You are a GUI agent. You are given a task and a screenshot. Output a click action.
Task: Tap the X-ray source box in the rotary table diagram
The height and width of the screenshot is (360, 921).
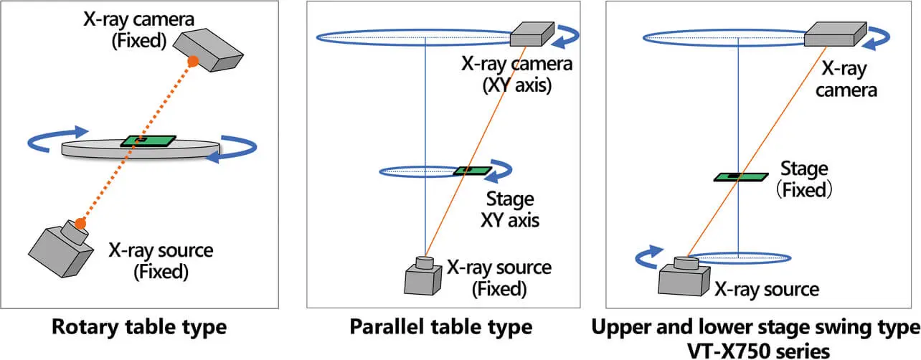point(61,248)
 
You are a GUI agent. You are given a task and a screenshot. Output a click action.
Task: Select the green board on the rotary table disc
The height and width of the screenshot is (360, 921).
point(148,141)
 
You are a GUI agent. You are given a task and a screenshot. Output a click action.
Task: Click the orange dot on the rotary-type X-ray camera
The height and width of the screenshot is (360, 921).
point(192,62)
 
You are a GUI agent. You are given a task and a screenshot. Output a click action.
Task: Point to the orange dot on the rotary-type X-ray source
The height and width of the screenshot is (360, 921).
point(80,224)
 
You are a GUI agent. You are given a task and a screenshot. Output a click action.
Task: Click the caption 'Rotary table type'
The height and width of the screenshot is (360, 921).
point(139,328)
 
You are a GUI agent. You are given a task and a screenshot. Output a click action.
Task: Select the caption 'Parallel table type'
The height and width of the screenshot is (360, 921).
point(441,328)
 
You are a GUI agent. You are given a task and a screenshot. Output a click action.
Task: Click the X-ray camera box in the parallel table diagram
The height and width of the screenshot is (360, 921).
point(532,34)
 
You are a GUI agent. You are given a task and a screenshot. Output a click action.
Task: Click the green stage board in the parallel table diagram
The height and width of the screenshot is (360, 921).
point(471,171)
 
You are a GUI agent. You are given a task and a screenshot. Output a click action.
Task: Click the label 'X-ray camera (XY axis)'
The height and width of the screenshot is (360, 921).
point(516,75)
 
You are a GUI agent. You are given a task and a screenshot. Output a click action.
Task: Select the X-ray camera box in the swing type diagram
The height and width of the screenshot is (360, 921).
point(831,34)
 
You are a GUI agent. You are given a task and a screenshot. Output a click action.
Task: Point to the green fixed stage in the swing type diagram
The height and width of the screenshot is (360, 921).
point(737,176)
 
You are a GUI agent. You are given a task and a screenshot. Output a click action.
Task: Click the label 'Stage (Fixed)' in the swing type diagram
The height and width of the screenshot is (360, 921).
point(804,180)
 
